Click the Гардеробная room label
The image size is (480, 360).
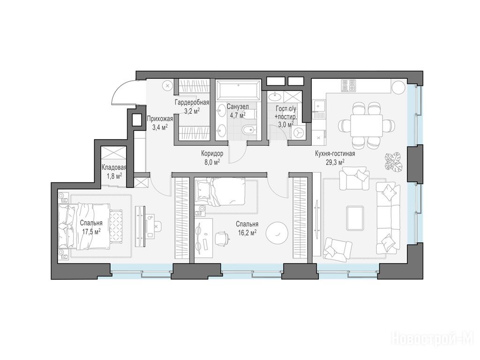(192, 102)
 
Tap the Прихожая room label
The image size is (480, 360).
(160, 119)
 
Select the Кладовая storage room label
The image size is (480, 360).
(114, 168)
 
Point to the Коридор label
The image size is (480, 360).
(212, 153)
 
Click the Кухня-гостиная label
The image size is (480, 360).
(335, 154)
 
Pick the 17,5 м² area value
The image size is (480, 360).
(92, 232)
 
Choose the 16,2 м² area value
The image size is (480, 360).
(247, 232)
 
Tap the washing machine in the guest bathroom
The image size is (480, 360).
(298, 133)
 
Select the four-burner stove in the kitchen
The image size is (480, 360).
(349, 86)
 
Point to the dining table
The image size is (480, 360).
(367, 126)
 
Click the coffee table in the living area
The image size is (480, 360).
(355, 218)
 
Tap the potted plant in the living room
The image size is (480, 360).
(393, 161)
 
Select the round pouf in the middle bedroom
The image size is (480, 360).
(277, 233)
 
